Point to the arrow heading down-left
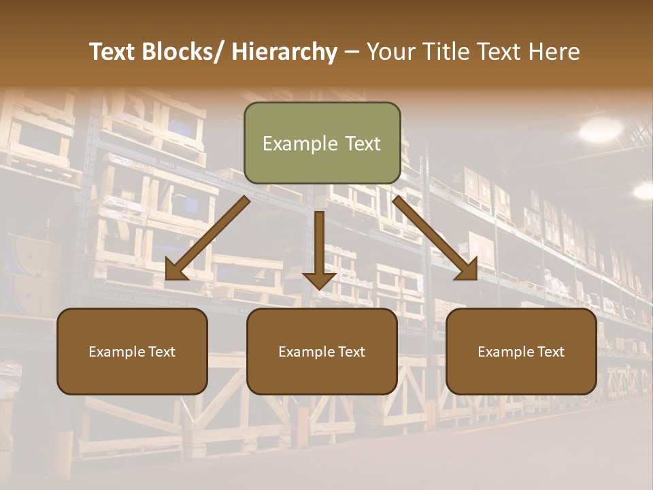(207, 238)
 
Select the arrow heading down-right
(435, 238)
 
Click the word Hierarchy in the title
(284, 52)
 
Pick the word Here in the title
(555, 52)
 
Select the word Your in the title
(390, 52)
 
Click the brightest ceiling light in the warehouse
(601, 129)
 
